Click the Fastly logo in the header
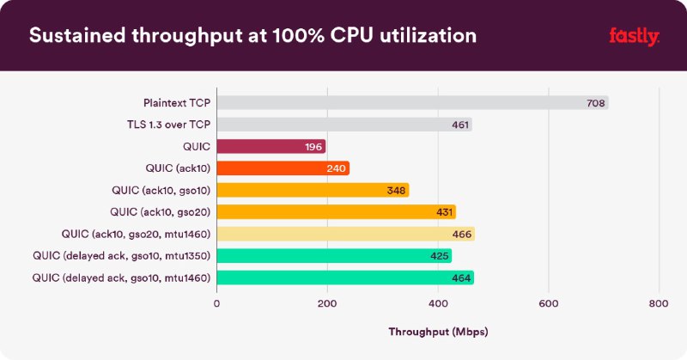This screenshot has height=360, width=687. click(x=634, y=35)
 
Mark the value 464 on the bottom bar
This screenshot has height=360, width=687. click(x=461, y=278)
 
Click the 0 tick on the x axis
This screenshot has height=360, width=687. click(x=216, y=302)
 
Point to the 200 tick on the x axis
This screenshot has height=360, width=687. click(x=327, y=302)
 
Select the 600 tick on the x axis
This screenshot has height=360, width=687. click(x=548, y=302)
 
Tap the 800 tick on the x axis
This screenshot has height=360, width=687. click(x=659, y=302)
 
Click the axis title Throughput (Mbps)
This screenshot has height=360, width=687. click(x=438, y=331)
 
